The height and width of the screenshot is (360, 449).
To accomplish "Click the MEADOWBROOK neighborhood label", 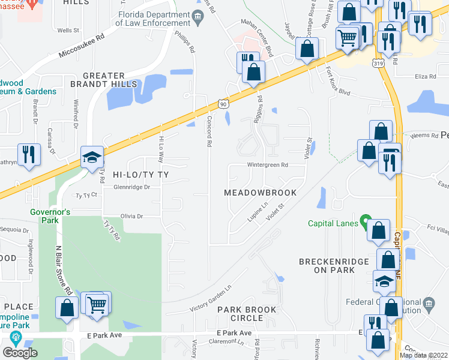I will (260, 193).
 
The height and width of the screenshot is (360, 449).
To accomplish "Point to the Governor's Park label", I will (51, 217).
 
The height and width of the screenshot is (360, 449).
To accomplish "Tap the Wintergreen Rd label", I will (268, 165).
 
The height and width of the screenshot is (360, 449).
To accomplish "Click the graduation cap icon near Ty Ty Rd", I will (92, 157).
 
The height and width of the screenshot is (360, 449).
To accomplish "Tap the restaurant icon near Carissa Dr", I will (28, 154).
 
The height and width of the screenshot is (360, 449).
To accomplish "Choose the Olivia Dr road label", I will (131, 216).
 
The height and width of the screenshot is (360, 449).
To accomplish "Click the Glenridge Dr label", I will (131, 187).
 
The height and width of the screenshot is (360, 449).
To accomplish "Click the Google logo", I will (20, 353).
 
